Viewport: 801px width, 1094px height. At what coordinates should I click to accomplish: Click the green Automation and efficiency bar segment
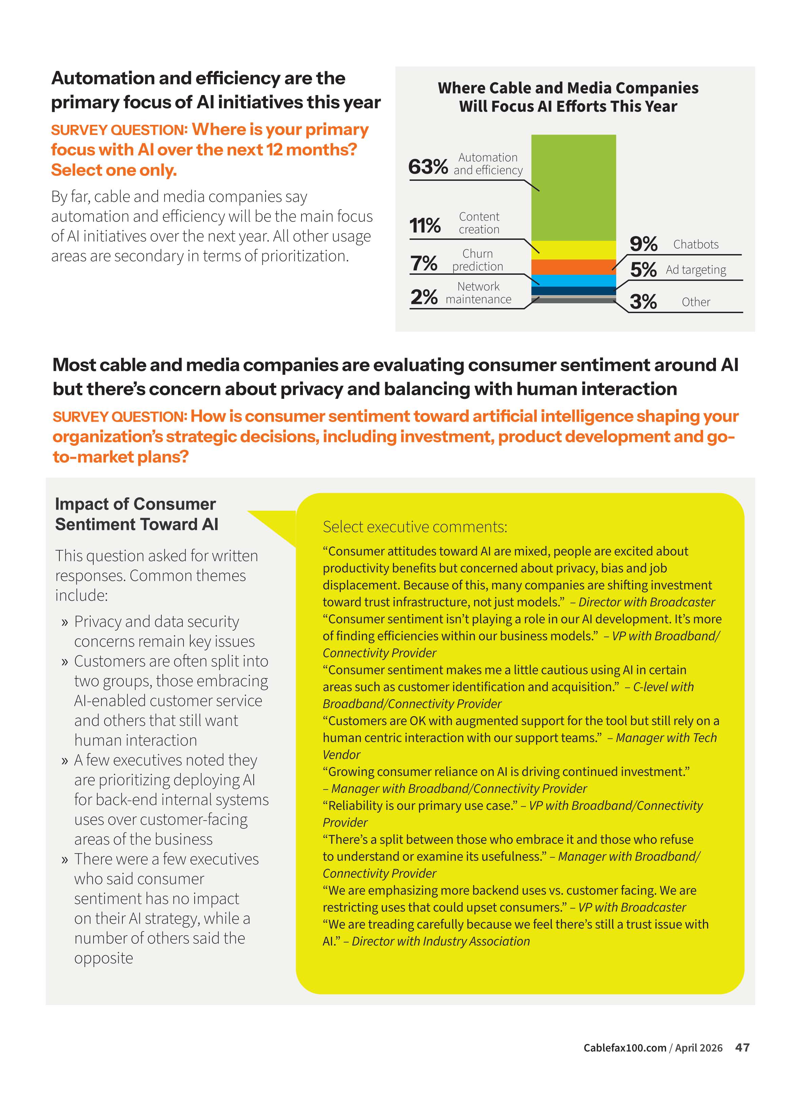[x=573, y=187]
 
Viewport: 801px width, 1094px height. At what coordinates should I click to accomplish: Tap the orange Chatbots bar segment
[x=573, y=267]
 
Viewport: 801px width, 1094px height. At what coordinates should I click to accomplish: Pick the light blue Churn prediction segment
[x=573, y=280]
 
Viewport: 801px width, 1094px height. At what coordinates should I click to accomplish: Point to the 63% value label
[x=428, y=167]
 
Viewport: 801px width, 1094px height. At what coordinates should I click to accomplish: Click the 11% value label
[x=425, y=226]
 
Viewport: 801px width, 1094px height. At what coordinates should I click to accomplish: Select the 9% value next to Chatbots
[x=643, y=244]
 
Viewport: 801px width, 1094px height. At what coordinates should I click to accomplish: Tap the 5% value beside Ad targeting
[x=643, y=270]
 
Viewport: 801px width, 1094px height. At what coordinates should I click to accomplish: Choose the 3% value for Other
[x=643, y=302]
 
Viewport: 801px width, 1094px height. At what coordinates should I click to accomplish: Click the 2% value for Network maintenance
[x=424, y=297]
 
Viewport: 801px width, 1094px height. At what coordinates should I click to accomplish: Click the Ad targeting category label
[x=696, y=270]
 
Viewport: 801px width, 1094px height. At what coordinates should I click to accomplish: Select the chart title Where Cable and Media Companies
[x=568, y=88]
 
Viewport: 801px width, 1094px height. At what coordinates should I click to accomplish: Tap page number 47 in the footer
[x=742, y=1048]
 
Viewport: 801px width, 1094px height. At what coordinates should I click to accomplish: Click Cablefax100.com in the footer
[x=625, y=1048]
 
